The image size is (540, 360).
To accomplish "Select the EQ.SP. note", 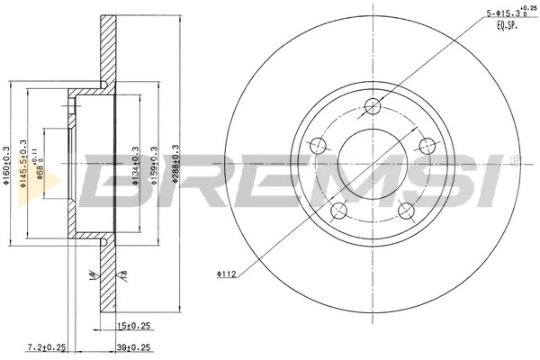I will (509, 26).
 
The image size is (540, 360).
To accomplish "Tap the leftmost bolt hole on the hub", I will (317, 146).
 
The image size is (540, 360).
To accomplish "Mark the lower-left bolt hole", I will (338, 211).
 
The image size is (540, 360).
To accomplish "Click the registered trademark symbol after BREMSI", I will (515, 160).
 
